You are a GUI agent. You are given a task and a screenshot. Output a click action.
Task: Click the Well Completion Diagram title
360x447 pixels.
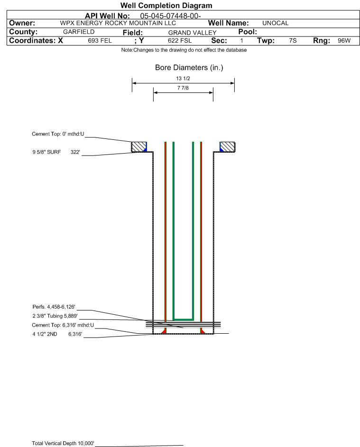(166, 5)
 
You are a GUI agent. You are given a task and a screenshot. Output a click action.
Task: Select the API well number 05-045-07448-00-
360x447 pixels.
(170, 16)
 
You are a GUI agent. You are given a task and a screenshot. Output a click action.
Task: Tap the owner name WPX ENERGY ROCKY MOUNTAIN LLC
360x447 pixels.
(118, 23)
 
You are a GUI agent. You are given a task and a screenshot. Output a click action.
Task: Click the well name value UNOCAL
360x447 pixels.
(275, 23)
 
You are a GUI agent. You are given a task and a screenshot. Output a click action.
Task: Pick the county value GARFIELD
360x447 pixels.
(79, 32)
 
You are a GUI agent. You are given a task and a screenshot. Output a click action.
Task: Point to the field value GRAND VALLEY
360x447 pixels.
(192, 33)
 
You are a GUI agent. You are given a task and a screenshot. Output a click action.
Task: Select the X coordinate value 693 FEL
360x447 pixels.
(100, 40)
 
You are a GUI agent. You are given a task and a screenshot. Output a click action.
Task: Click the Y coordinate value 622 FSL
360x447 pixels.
(180, 40)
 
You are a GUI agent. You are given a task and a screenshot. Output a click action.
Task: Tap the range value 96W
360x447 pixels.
(344, 40)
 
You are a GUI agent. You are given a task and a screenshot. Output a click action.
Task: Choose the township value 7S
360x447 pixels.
(293, 40)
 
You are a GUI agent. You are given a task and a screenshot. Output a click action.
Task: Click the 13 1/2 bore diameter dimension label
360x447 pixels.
(183, 78)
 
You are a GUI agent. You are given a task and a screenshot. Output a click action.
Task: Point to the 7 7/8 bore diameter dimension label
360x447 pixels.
(183, 88)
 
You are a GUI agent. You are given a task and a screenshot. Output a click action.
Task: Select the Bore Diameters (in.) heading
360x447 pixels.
(189, 68)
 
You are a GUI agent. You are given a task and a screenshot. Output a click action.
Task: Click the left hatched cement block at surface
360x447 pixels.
(138, 147)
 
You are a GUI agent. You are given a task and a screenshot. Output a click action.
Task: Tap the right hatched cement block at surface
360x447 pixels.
(227, 147)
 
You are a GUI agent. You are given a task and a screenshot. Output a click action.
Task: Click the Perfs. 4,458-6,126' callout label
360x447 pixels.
(54, 307)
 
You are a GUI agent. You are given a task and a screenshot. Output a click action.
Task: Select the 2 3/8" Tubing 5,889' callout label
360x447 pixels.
(55, 316)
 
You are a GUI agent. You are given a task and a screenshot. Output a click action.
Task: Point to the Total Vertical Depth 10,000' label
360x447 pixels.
(63, 443)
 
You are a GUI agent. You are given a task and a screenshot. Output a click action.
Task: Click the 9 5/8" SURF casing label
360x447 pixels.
(46, 152)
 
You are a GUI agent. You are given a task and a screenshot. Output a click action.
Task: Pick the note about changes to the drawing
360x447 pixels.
(184, 50)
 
